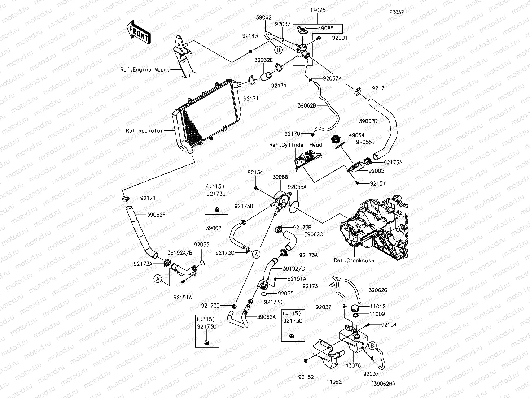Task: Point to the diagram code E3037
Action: [x=396, y=12]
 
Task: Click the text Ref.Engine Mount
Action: [x=145, y=70]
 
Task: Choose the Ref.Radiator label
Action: [x=144, y=131]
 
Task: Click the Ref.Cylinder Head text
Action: [x=295, y=145]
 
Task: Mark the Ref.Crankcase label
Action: [x=354, y=260]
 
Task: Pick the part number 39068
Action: [x=280, y=177]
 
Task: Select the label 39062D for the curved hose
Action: [x=368, y=121]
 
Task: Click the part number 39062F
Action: [x=156, y=215]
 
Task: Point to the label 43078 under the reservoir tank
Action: [x=353, y=365]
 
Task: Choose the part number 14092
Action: [x=334, y=381]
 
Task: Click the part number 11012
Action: [x=377, y=306]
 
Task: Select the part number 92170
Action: [x=292, y=134]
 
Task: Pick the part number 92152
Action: [x=306, y=377]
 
